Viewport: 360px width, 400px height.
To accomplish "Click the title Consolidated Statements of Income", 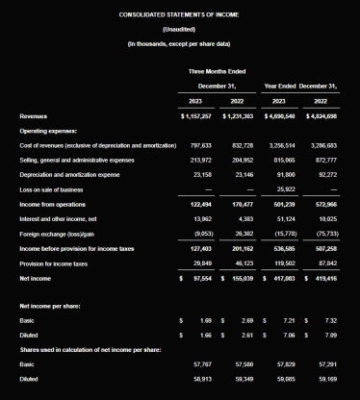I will tap(179, 16).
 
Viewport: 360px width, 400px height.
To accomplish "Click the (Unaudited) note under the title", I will tap(179, 30).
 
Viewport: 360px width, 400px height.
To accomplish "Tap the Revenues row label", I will tap(35, 115).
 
